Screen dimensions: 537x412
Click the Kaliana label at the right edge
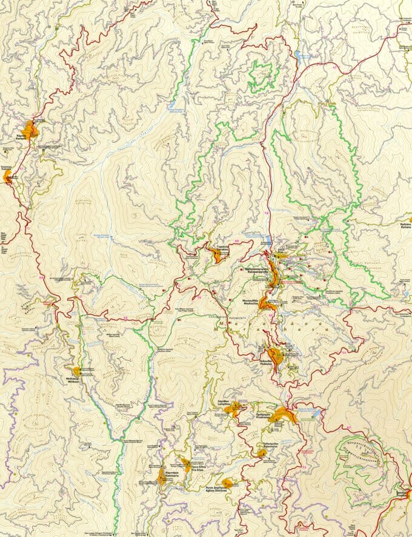[x=405, y=226]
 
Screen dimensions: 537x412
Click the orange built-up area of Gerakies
[x=218, y=255]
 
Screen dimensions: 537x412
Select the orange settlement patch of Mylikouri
[x=77, y=372]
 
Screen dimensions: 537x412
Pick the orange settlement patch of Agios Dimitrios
[x=227, y=483]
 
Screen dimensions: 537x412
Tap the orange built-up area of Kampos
[x=28, y=129]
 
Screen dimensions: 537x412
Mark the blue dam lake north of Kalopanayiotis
[x=268, y=240]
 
